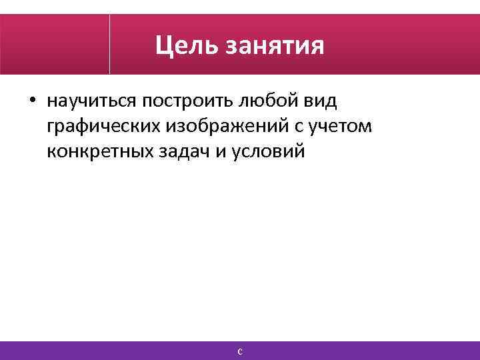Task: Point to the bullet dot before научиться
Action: click(33, 103)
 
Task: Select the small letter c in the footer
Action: click(240, 351)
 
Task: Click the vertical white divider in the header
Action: click(109, 44)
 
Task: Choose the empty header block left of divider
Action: click(55, 44)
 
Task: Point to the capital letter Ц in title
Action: click(163, 47)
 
